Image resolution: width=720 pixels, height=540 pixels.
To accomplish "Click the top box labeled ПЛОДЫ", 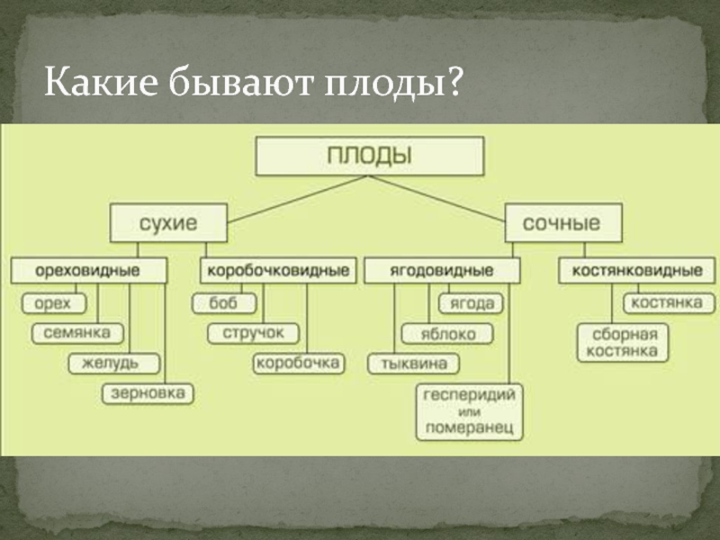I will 370,156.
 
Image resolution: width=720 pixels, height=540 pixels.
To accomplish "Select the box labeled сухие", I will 168,222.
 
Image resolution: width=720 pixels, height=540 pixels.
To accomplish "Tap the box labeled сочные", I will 563,222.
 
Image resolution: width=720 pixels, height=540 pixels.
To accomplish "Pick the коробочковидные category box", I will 275,270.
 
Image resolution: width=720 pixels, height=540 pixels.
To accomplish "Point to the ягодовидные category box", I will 441,270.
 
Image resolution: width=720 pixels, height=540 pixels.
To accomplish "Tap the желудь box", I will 114,364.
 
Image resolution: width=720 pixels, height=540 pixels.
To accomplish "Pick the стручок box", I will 254,333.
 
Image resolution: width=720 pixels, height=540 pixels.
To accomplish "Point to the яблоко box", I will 447,334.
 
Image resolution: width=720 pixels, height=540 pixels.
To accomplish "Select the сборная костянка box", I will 619,343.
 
